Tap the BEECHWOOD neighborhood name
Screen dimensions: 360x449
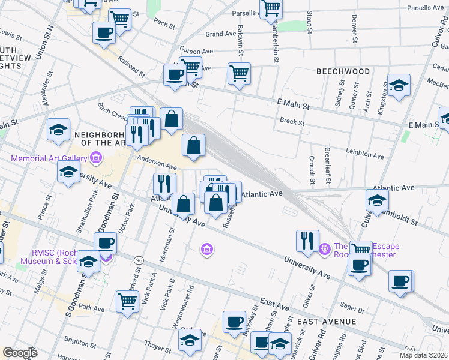(343, 71)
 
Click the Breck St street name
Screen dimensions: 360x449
(292, 122)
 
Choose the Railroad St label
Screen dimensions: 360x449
(131, 67)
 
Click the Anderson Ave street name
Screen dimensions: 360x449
(157, 163)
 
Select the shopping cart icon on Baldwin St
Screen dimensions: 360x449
(239, 73)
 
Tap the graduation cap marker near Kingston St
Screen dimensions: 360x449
(399, 85)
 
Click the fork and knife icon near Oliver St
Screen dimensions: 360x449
(307, 240)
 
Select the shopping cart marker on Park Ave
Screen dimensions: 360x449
(127, 301)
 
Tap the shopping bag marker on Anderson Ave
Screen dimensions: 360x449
(193, 145)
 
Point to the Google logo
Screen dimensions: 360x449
(20, 353)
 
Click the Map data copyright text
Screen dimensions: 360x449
(423, 355)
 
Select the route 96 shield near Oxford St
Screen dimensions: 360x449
(139, 260)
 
